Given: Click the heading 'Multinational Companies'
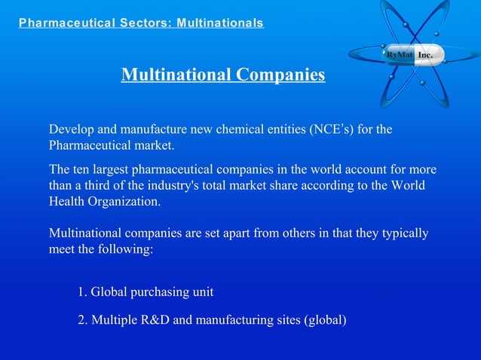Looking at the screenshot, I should (x=223, y=75).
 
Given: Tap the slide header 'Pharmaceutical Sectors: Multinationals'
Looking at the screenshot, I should (x=141, y=23).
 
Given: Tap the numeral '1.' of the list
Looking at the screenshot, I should (x=83, y=291).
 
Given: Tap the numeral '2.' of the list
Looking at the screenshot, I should (x=83, y=320).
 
